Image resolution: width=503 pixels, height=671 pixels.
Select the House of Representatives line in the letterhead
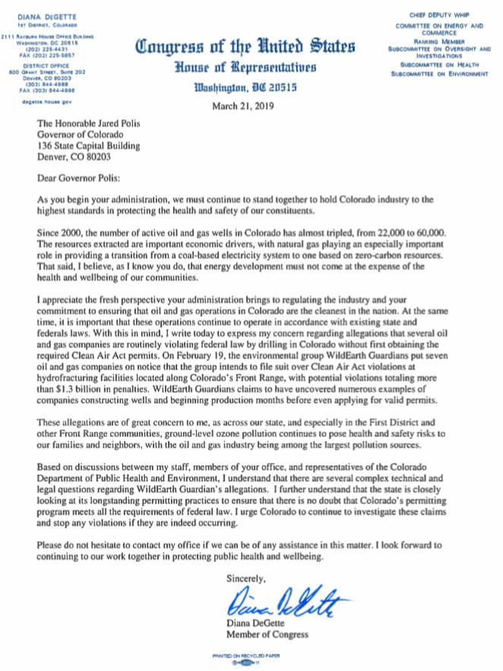tap(245, 68)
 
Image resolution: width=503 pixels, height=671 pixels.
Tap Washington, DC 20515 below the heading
tap(245, 87)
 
